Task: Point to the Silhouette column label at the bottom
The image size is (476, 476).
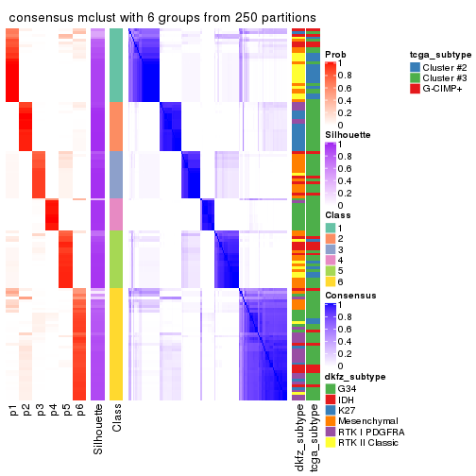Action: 99,430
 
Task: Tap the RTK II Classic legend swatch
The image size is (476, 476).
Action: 330,444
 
